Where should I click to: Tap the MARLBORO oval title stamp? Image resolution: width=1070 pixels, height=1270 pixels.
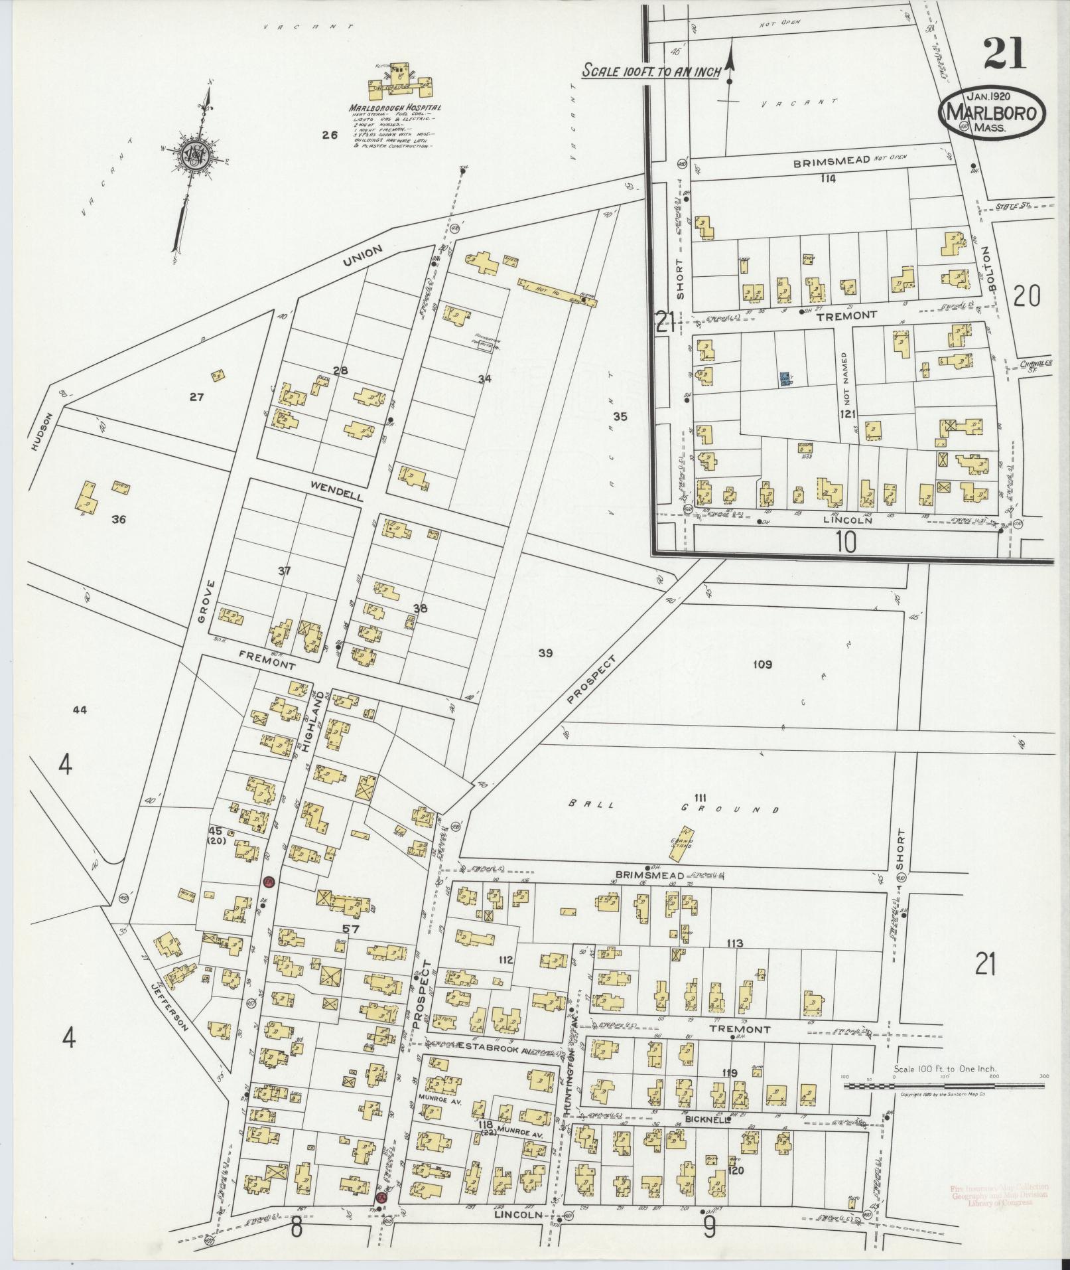pos(991,113)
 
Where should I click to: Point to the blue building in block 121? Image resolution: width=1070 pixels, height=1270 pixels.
pos(785,380)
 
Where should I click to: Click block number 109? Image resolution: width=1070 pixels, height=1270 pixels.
pos(763,664)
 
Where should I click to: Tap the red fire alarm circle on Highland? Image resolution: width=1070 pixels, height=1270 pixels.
pos(269,882)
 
